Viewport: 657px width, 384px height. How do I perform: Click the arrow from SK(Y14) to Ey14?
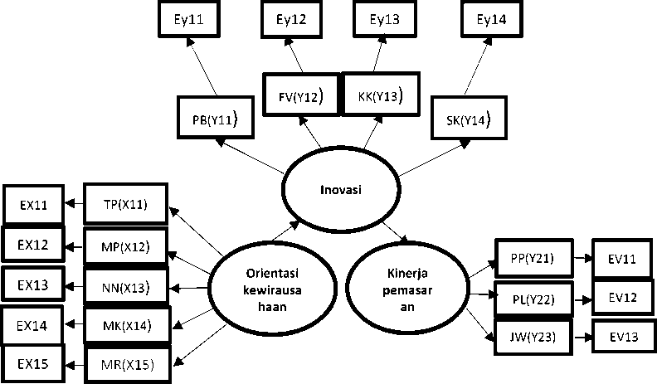pos(477,66)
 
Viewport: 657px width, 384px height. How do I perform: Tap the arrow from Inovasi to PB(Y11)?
pos(250,156)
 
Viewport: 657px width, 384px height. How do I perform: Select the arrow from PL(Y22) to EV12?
pos(582,300)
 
